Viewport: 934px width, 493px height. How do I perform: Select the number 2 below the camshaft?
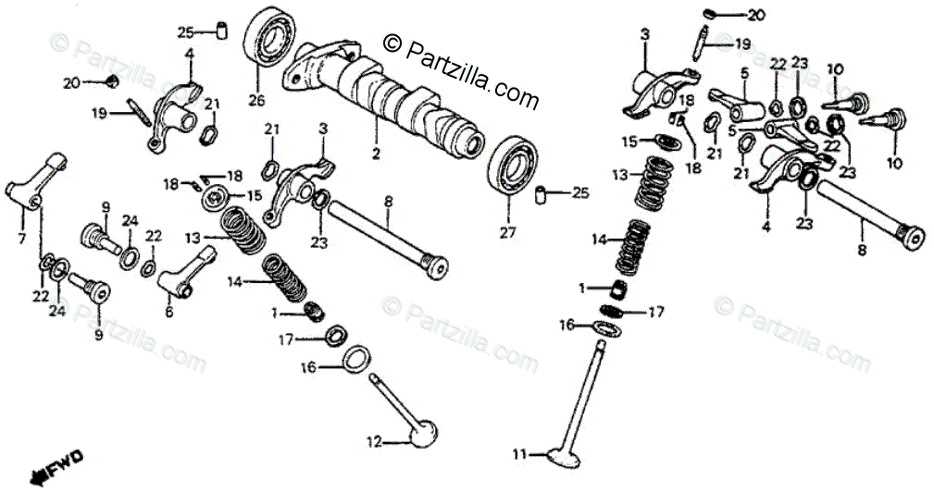point(376,153)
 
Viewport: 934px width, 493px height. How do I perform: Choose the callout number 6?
point(168,313)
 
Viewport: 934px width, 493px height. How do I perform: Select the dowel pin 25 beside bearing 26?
point(222,31)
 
